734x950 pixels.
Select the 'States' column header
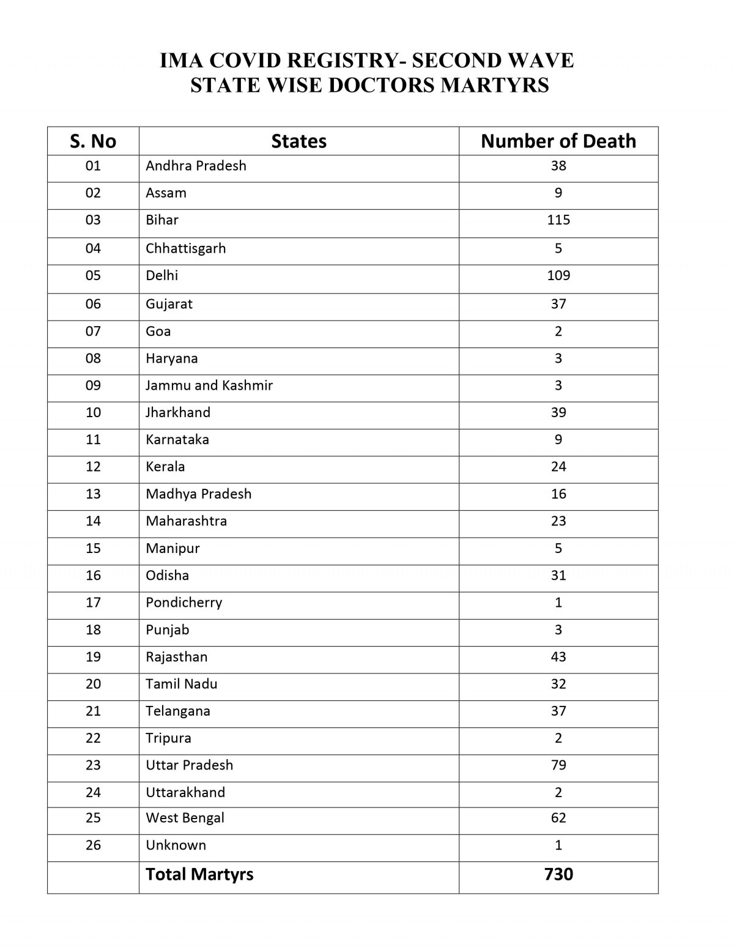pos(298,141)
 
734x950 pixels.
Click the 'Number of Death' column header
pos(558,141)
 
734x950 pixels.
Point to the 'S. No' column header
pos(93,141)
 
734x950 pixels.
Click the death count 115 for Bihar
pos(558,220)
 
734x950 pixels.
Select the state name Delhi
pos(162,275)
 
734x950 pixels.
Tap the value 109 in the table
pos(558,275)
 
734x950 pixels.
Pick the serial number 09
pos(93,385)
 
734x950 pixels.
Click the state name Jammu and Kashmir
pos(209,385)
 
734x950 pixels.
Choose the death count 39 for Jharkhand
pos(558,412)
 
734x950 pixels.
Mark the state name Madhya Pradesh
pos(198,494)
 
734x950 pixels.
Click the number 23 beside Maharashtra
pos(558,521)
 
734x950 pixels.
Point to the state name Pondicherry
pos(183,603)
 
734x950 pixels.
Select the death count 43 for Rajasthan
pos(558,656)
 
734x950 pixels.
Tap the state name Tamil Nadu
pos(181,684)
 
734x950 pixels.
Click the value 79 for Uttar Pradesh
pos(558,765)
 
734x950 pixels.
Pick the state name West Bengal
pos(185,818)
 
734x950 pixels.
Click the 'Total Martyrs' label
pos(199,874)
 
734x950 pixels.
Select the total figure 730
pos(558,874)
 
